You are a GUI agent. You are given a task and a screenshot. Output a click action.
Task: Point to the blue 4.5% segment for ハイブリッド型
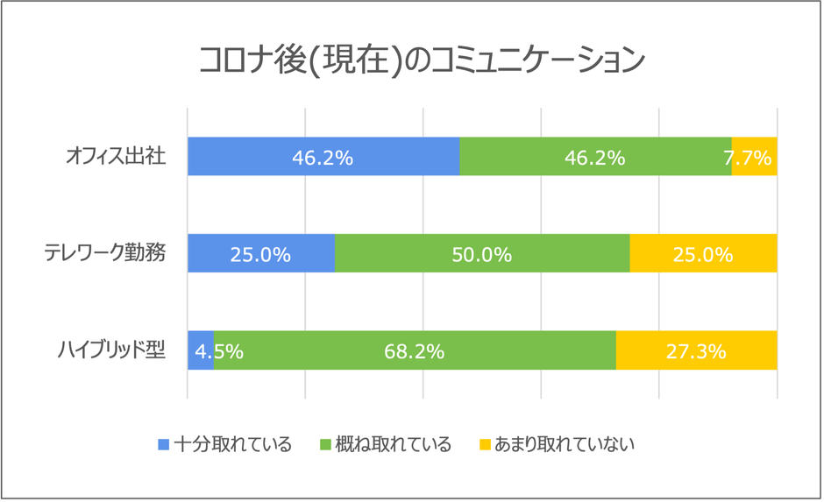[x=201, y=350]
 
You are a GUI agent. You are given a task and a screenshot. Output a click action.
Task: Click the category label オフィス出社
[x=116, y=158]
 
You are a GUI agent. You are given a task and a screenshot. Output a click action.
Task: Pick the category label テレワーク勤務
[x=105, y=254]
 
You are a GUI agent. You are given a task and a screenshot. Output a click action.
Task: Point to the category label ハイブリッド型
[x=111, y=350]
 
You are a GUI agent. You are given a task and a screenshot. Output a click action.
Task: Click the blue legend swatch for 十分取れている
[x=163, y=445]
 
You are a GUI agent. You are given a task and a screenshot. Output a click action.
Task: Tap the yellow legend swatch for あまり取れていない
[x=484, y=445]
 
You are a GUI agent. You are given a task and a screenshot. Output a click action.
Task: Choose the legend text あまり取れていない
[x=564, y=445]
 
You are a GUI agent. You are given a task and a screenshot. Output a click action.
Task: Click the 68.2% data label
[x=414, y=352]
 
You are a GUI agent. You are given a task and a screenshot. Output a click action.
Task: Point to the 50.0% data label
[x=481, y=255]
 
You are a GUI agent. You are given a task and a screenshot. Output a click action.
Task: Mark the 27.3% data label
[x=696, y=352]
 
